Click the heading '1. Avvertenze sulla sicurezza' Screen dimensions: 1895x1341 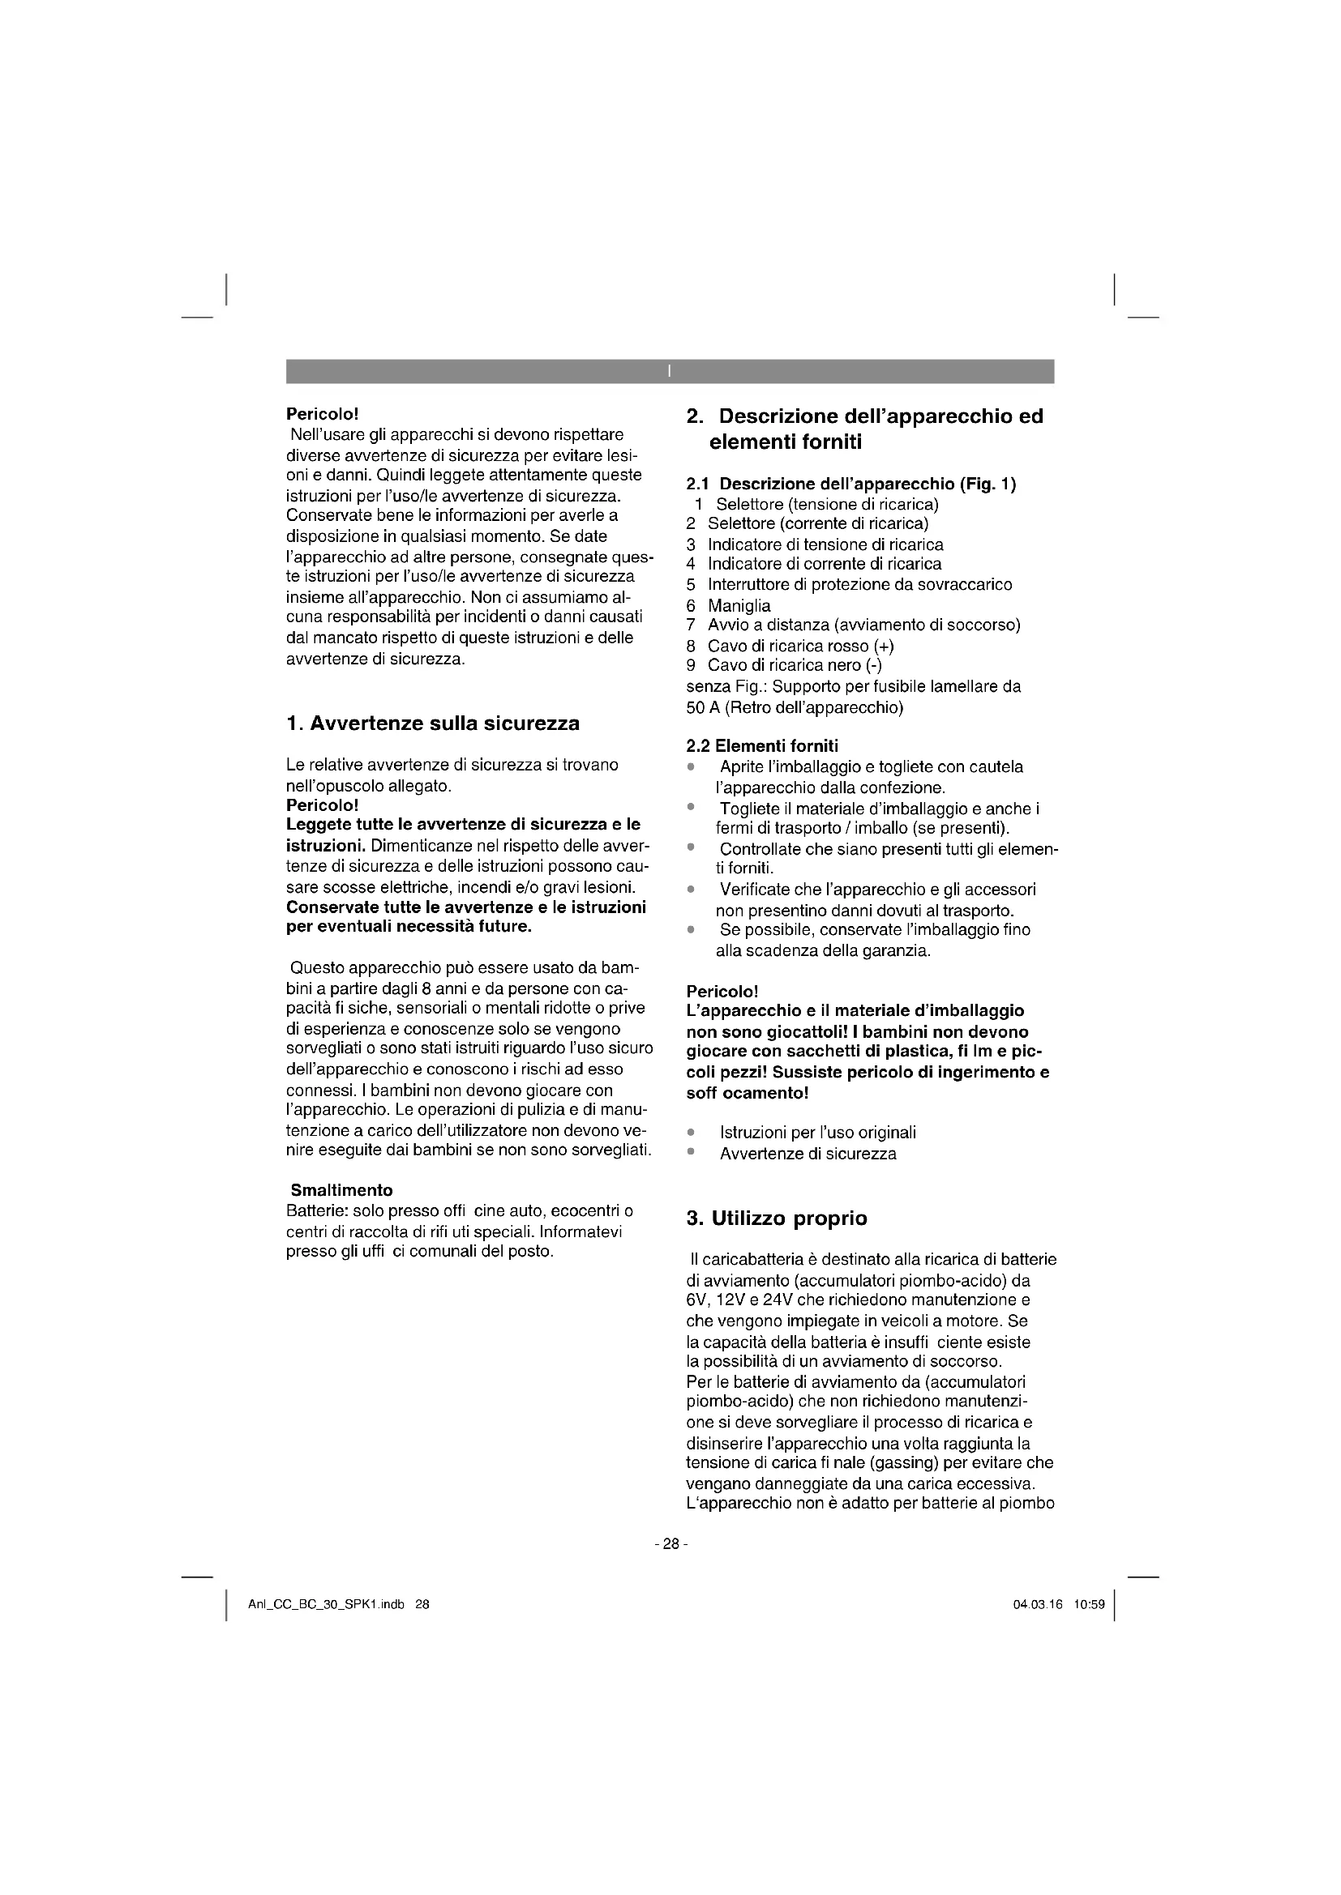[433, 723]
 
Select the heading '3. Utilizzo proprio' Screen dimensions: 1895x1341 [777, 1219]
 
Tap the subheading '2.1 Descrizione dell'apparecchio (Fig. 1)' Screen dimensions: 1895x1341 [851, 484]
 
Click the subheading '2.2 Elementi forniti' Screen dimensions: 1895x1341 [762, 746]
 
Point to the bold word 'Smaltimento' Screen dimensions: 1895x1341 [342, 1190]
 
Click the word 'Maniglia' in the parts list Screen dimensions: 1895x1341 [739, 606]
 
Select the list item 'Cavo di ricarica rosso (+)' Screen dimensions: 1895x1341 [801, 646]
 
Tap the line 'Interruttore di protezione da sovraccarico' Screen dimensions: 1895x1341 [859, 585]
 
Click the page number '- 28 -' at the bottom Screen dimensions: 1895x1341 [670, 1543]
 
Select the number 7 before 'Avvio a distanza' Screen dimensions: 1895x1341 [690, 625]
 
